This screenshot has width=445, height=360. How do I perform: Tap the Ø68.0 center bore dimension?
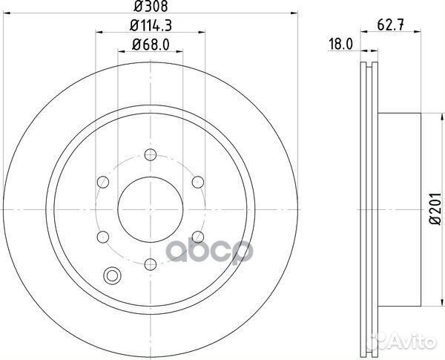click(x=151, y=45)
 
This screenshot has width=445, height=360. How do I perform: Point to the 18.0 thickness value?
click(x=339, y=45)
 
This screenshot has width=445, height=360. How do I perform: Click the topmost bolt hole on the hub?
click(x=150, y=154)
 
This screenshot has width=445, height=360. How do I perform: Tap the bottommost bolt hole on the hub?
click(x=150, y=263)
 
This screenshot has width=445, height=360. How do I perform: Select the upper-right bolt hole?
click(x=197, y=181)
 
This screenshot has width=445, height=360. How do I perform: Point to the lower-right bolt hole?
click(x=197, y=236)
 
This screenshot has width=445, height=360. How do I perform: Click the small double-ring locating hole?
click(x=113, y=276)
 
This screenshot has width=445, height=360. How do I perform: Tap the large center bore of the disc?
click(x=150, y=209)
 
